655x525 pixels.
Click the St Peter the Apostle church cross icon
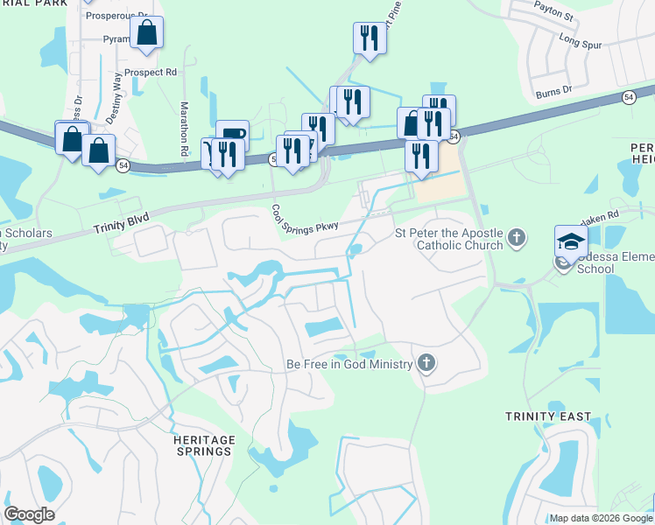[x=518, y=236]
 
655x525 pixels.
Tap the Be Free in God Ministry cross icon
[x=426, y=363]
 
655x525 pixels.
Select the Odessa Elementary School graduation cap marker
[x=569, y=240]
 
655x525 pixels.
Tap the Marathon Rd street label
[x=185, y=129]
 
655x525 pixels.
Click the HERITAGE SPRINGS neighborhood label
[x=202, y=445]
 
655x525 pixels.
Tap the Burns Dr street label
[x=554, y=89]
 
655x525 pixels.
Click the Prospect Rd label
[x=151, y=73]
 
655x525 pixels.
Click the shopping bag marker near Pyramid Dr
[x=147, y=33]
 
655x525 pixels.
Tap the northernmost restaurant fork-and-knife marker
[x=369, y=38]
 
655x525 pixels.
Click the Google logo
[x=29, y=514]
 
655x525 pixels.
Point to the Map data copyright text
[x=600, y=518]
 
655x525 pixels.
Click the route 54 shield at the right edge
[x=629, y=97]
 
